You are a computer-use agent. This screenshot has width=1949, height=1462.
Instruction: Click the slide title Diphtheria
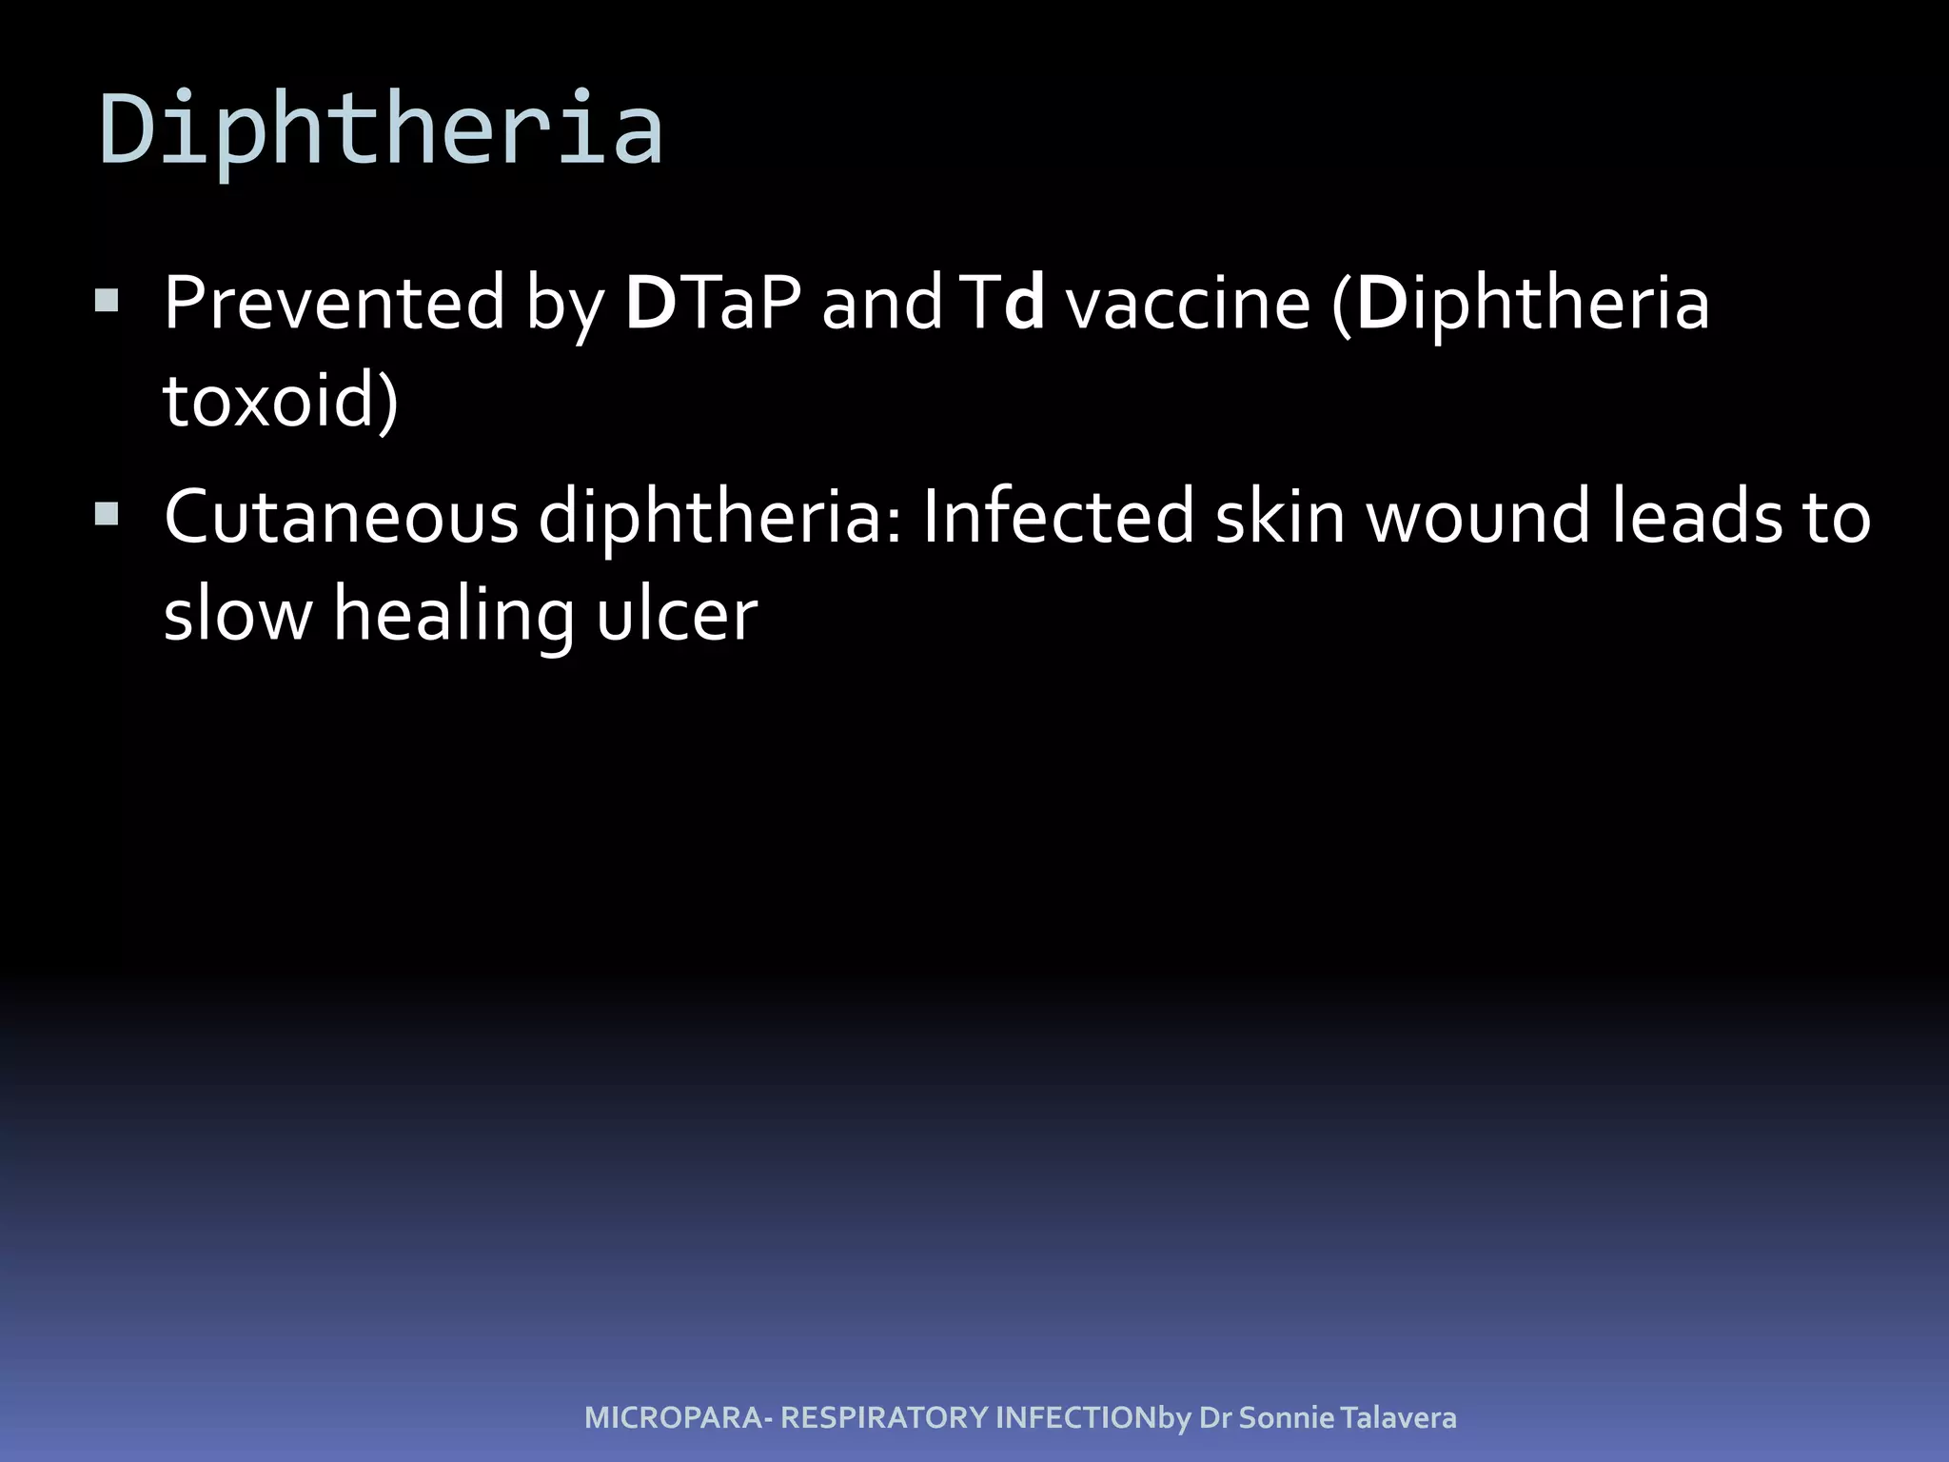pos(381,128)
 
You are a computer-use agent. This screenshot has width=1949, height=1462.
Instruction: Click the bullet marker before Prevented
pos(107,302)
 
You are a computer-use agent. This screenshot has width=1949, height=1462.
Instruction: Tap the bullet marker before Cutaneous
pos(107,515)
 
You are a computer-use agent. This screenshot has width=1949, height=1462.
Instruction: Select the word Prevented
pos(334,304)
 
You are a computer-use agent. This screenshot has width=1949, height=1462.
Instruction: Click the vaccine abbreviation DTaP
pos(713,304)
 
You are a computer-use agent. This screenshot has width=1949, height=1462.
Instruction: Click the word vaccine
pos(1188,304)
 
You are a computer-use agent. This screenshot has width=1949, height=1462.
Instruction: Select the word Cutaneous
pos(341,518)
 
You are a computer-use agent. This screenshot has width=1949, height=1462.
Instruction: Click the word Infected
pos(1057,518)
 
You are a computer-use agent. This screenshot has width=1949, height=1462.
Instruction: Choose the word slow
pos(238,615)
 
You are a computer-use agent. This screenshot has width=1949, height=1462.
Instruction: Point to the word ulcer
pos(677,615)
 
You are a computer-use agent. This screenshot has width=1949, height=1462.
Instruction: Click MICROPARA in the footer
pos(673,1418)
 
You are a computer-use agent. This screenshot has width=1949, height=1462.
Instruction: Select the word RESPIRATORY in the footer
pos(884,1418)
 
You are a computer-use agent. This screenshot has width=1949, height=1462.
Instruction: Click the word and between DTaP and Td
pos(881,304)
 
